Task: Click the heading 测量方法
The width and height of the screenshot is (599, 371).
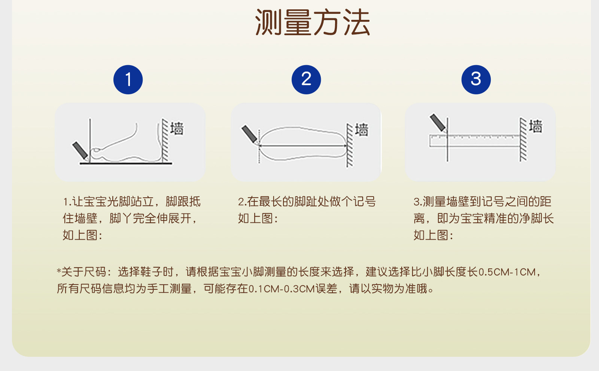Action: [312, 22]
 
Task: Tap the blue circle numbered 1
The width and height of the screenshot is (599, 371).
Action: [128, 79]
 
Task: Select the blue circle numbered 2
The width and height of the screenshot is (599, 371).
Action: [306, 79]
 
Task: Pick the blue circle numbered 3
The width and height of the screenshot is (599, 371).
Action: [476, 79]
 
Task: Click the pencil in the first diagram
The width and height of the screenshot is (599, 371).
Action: [80, 150]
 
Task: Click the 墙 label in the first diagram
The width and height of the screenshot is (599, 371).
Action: [177, 129]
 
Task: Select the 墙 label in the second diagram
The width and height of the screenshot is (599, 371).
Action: [362, 130]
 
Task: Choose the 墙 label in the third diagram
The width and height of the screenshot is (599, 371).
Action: [536, 126]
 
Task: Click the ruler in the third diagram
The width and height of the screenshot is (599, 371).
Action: [475, 141]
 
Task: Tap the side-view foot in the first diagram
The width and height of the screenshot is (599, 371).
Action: [126, 142]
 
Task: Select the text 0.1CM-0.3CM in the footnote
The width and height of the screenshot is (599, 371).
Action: [282, 289]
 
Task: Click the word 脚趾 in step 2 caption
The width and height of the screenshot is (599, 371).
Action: [311, 202]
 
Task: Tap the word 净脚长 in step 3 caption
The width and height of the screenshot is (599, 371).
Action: [536, 219]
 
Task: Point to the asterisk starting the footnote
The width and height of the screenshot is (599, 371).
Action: [59, 271]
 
